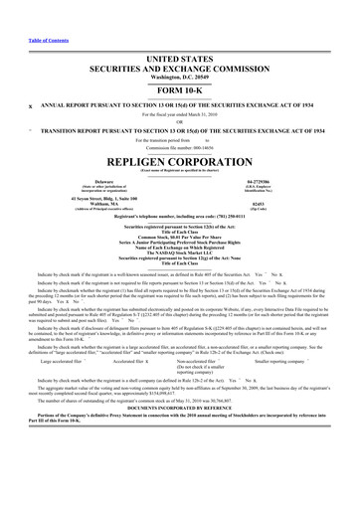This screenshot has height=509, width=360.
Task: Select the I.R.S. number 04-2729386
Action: pos(285,182)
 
